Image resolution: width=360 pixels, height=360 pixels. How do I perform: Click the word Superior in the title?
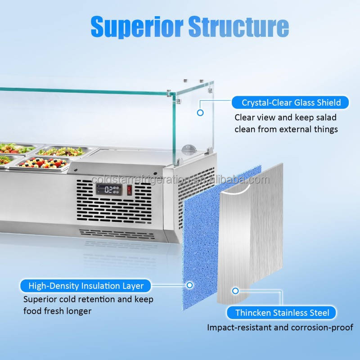[137, 27]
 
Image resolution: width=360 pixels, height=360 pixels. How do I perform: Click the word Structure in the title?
[238, 26]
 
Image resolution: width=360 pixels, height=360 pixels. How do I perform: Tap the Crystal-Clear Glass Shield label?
[290, 103]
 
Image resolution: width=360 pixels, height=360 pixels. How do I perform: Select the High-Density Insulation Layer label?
[85, 286]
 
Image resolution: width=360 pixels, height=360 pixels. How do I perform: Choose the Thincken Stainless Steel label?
[281, 313]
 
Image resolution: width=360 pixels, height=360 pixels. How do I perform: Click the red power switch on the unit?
[130, 190]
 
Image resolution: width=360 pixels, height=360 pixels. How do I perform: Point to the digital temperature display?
[109, 189]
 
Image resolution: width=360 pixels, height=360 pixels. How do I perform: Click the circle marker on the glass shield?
[200, 113]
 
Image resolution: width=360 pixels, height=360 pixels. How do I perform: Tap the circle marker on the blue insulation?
[189, 285]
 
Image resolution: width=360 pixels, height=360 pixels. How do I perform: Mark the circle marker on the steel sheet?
[235, 291]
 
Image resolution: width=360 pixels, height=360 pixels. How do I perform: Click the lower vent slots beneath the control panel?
[117, 234]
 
